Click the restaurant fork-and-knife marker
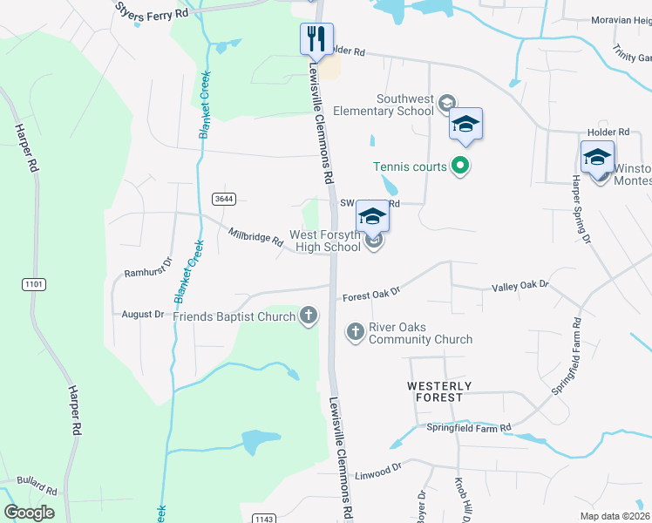[x=316, y=39]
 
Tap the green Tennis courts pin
[x=461, y=166]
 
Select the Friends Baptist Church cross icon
[x=308, y=316]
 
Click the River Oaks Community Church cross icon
[x=355, y=331]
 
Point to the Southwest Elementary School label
[x=404, y=105]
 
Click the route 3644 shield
[x=224, y=199]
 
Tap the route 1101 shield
[x=32, y=283]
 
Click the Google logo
[x=29, y=513]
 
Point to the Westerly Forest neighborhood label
[x=439, y=391]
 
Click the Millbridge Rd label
[x=255, y=236]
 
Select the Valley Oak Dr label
[x=520, y=285]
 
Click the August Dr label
[x=143, y=314]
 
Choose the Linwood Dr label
[x=378, y=472]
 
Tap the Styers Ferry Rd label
[x=152, y=10]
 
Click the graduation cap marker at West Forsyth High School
[x=372, y=217]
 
